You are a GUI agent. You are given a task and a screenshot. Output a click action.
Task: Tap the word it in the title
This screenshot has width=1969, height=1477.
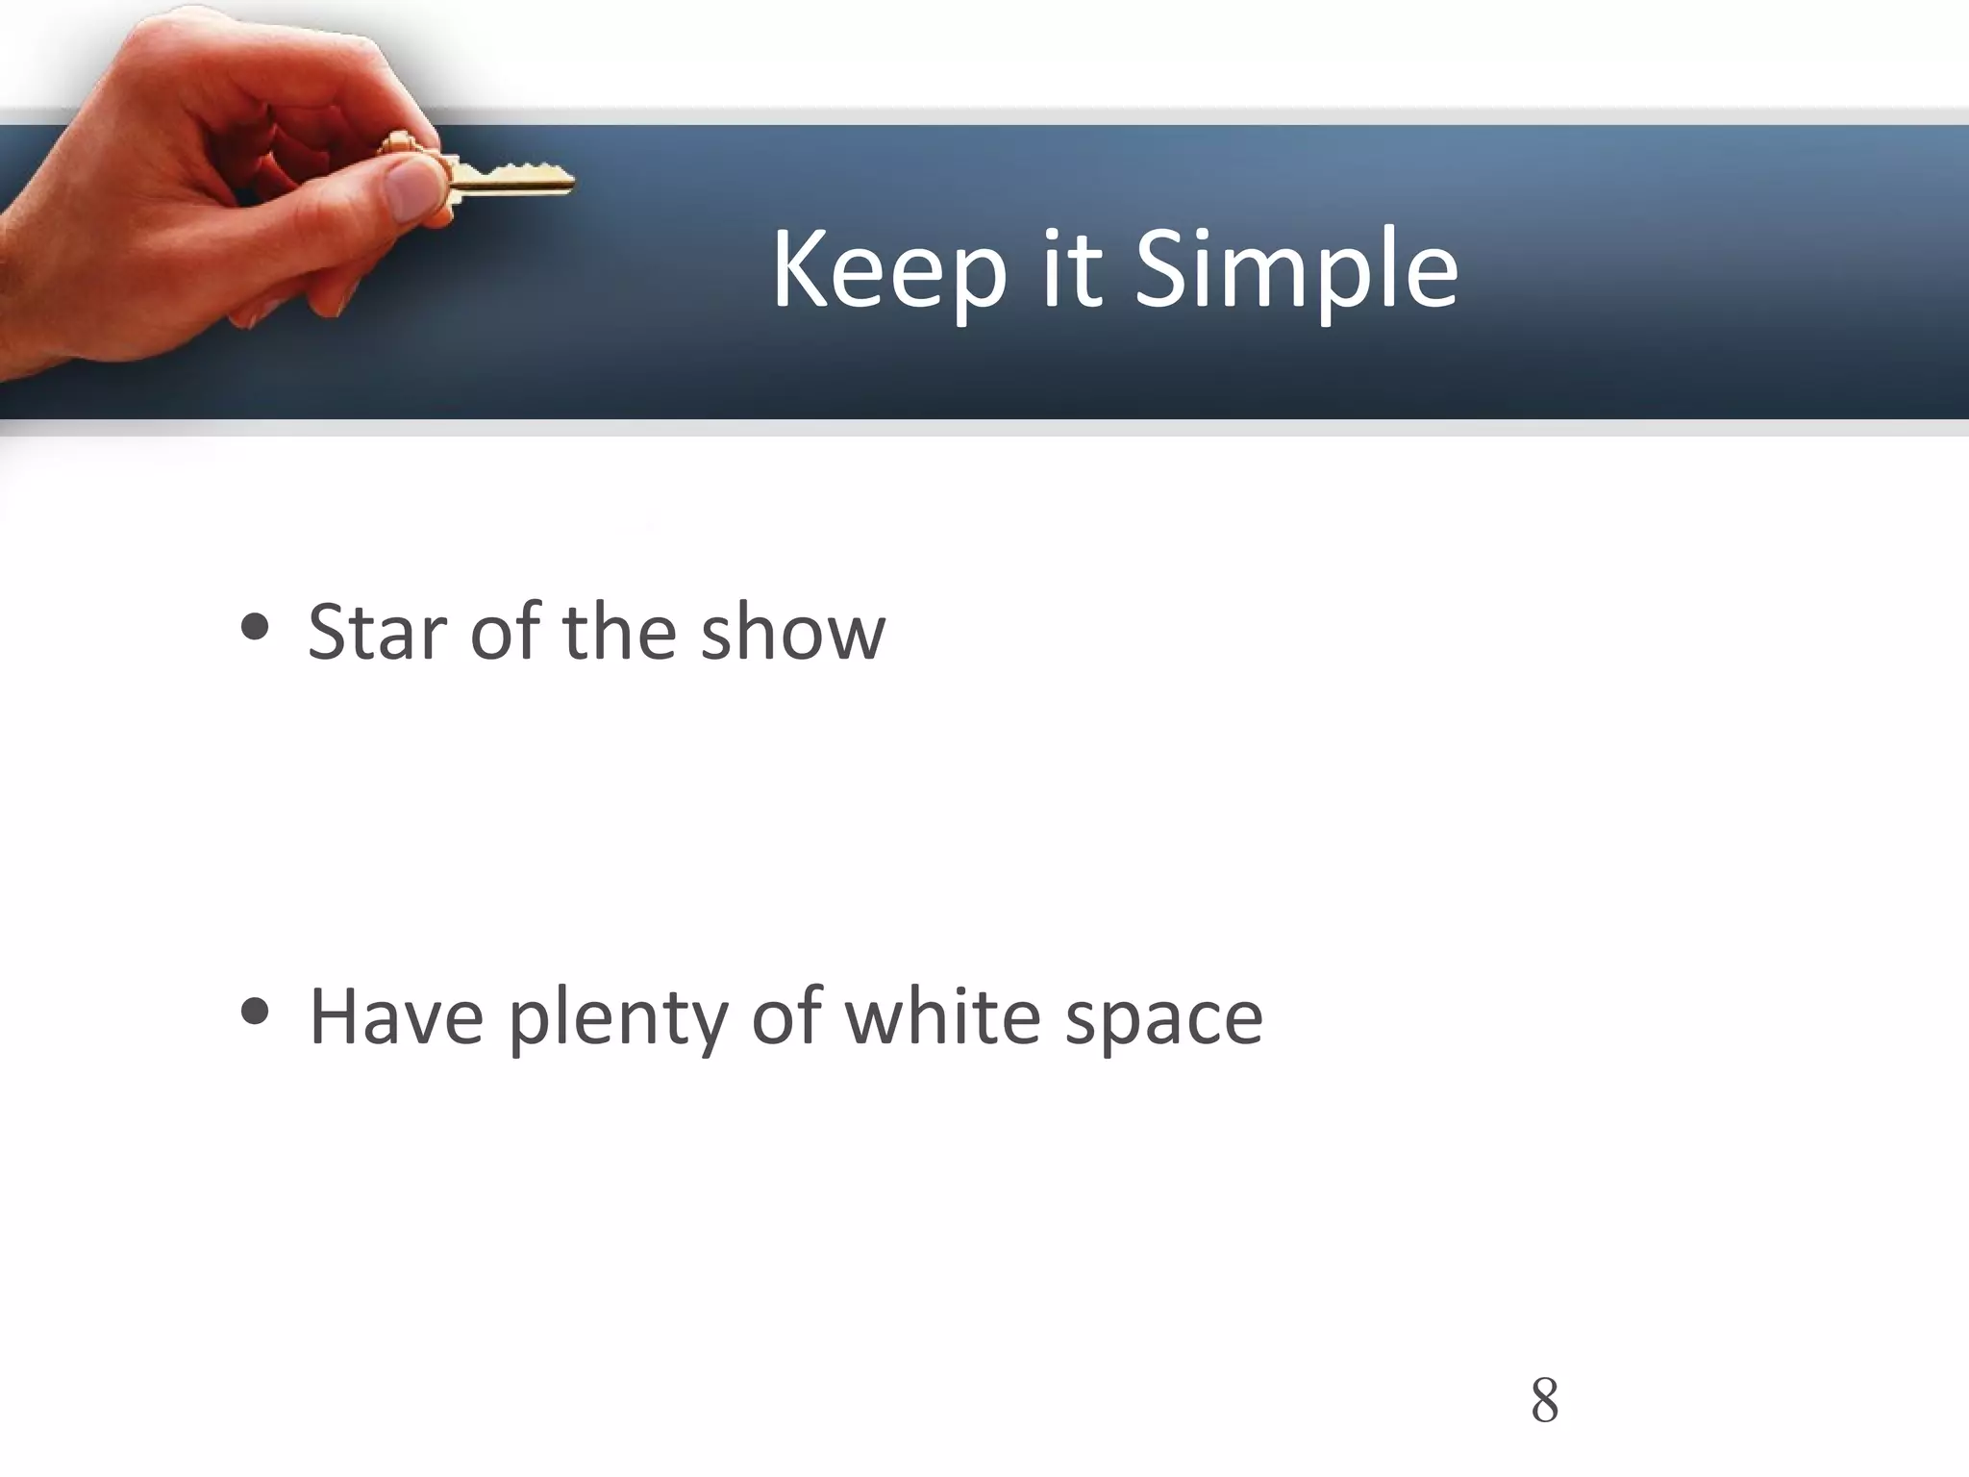(x=1070, y=272)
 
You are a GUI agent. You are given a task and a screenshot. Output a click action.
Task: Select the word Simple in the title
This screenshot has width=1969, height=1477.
(x=1296, y=272)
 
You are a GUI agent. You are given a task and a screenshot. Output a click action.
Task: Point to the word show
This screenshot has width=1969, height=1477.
(x=792, y=633)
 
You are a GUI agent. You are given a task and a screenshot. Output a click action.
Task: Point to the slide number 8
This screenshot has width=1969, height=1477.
(x=1544, y=1400)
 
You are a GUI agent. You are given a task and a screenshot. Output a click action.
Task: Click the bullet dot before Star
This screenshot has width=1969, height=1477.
(x=256, y=630)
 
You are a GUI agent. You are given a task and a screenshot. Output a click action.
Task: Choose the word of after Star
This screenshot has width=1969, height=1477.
(x=505, y=633)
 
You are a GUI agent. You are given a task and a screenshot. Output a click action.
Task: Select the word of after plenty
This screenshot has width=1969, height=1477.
(x=786, y=1017)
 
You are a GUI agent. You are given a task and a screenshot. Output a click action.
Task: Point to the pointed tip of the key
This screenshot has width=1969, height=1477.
(x=570, y=180)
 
